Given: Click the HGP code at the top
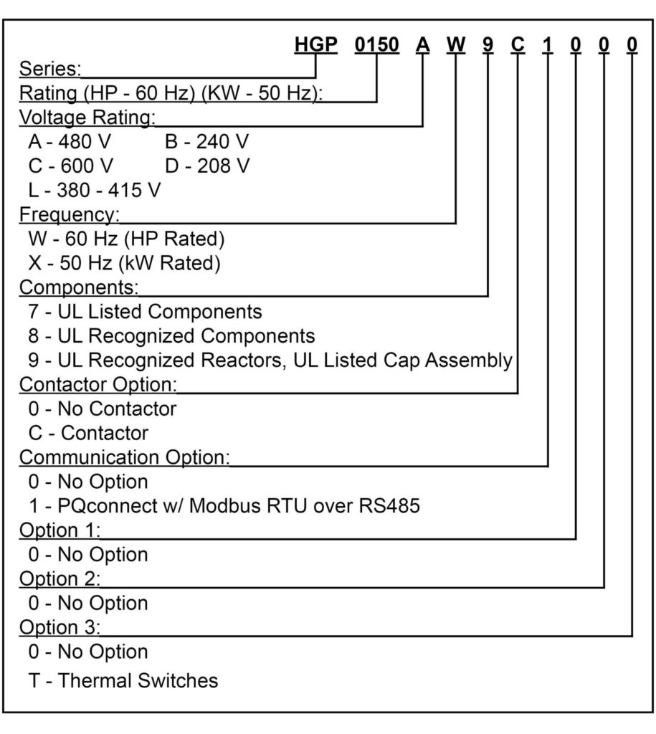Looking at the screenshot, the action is [315, 45].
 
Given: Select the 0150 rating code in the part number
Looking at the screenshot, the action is [377, 45].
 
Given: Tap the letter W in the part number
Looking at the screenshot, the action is [455, 45].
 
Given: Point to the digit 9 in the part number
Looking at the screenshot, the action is [488, 45].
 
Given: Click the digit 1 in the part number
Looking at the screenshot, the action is [547, 45].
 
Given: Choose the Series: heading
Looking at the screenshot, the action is [50, 69].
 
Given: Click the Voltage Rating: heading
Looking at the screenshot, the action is [87, 118].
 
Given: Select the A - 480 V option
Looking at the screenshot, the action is [70, 141].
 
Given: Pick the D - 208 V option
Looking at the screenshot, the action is [207, 166].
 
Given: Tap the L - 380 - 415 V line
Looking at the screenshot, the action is [95, 190].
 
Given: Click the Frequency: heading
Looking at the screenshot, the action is [70, 215].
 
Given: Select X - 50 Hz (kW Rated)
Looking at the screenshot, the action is [124, 263].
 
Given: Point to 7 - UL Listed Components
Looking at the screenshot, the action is [145, 312].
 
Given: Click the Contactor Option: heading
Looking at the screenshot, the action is [98, 384].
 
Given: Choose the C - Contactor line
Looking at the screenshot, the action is [88, 433].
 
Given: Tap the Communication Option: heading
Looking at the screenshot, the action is [125, 457].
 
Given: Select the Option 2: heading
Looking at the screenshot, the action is [60, 579].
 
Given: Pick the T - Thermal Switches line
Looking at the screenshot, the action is [123, 681].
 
